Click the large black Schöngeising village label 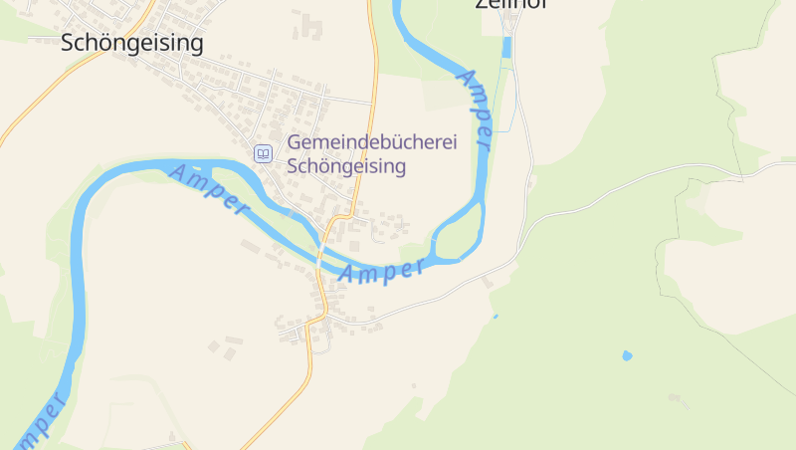132,42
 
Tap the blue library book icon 263,153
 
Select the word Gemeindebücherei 371,143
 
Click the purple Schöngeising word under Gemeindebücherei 346,166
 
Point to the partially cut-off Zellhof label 511,4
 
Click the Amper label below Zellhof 476,110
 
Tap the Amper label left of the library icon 208,188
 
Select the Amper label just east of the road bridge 382,270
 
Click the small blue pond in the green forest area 627,354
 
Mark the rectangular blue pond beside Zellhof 506,47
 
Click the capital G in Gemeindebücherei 295,143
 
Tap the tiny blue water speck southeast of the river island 496,317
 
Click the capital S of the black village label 68,42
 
